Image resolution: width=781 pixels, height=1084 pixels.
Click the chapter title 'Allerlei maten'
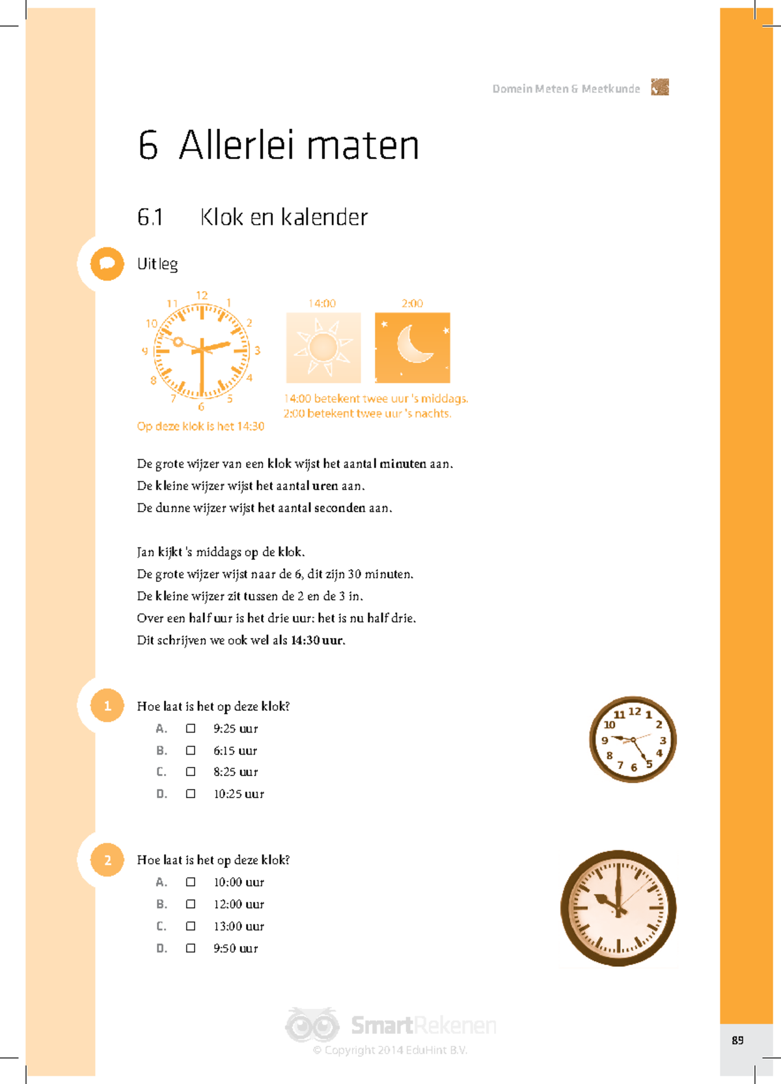[x=299, y=145]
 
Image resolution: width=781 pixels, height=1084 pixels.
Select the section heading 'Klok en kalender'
[x=284, y=217]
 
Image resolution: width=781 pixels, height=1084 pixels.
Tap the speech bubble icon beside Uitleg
[x=107, y=264]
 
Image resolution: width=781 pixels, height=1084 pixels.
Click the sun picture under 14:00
[x=323, y=348]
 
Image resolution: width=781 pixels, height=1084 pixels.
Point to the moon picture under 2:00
[x=413, y=348]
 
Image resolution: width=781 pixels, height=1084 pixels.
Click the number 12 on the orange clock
[x=202, y=296]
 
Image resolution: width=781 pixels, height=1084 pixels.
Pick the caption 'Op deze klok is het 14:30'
[x=200, y=426]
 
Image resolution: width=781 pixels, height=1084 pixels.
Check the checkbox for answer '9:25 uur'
[x=191, y=729]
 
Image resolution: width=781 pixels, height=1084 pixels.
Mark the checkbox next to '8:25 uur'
[x=191, y=771]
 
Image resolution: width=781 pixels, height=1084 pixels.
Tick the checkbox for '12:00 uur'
[x=191, y=904]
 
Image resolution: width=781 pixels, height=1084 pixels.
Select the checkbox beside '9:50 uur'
[x=191, y=948]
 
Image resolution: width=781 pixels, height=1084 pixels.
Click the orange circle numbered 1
[x=107, y=706]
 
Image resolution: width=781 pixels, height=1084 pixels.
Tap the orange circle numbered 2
[x=107, y=860]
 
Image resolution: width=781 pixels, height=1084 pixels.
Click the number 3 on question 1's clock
[x=663, y=741]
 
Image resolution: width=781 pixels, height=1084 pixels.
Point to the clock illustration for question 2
[x=618, y=908]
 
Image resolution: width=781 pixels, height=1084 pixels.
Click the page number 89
[x=737, y=1040]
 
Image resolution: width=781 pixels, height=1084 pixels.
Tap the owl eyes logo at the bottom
[x=312, y=1025]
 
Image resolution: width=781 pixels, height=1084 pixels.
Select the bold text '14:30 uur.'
[x=318, y=640]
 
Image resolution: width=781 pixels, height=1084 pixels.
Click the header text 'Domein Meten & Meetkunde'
[x=566, y=89]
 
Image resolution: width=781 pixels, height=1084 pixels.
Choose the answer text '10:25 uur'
[x=239, y=794]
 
